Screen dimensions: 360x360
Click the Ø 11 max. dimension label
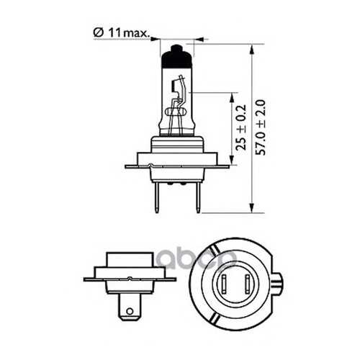pyautogui.click(x=121, y=33)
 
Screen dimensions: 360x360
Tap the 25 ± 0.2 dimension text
pyautogui.click(x=241, y=127)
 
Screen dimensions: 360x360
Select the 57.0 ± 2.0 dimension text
pyautogui.click(x=260, y=127)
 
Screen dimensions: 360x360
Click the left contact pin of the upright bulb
pyautogui.click(x=157, y=197)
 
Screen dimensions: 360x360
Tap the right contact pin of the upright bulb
pyautogui.click(x=198, y=197)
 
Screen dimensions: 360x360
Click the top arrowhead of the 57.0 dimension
pyautogui.click(x=251, y=50)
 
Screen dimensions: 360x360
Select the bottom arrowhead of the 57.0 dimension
pyautogui.click(x=251, y=207)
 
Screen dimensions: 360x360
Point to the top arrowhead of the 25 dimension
pyautogui.click(x=232, y=98)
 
